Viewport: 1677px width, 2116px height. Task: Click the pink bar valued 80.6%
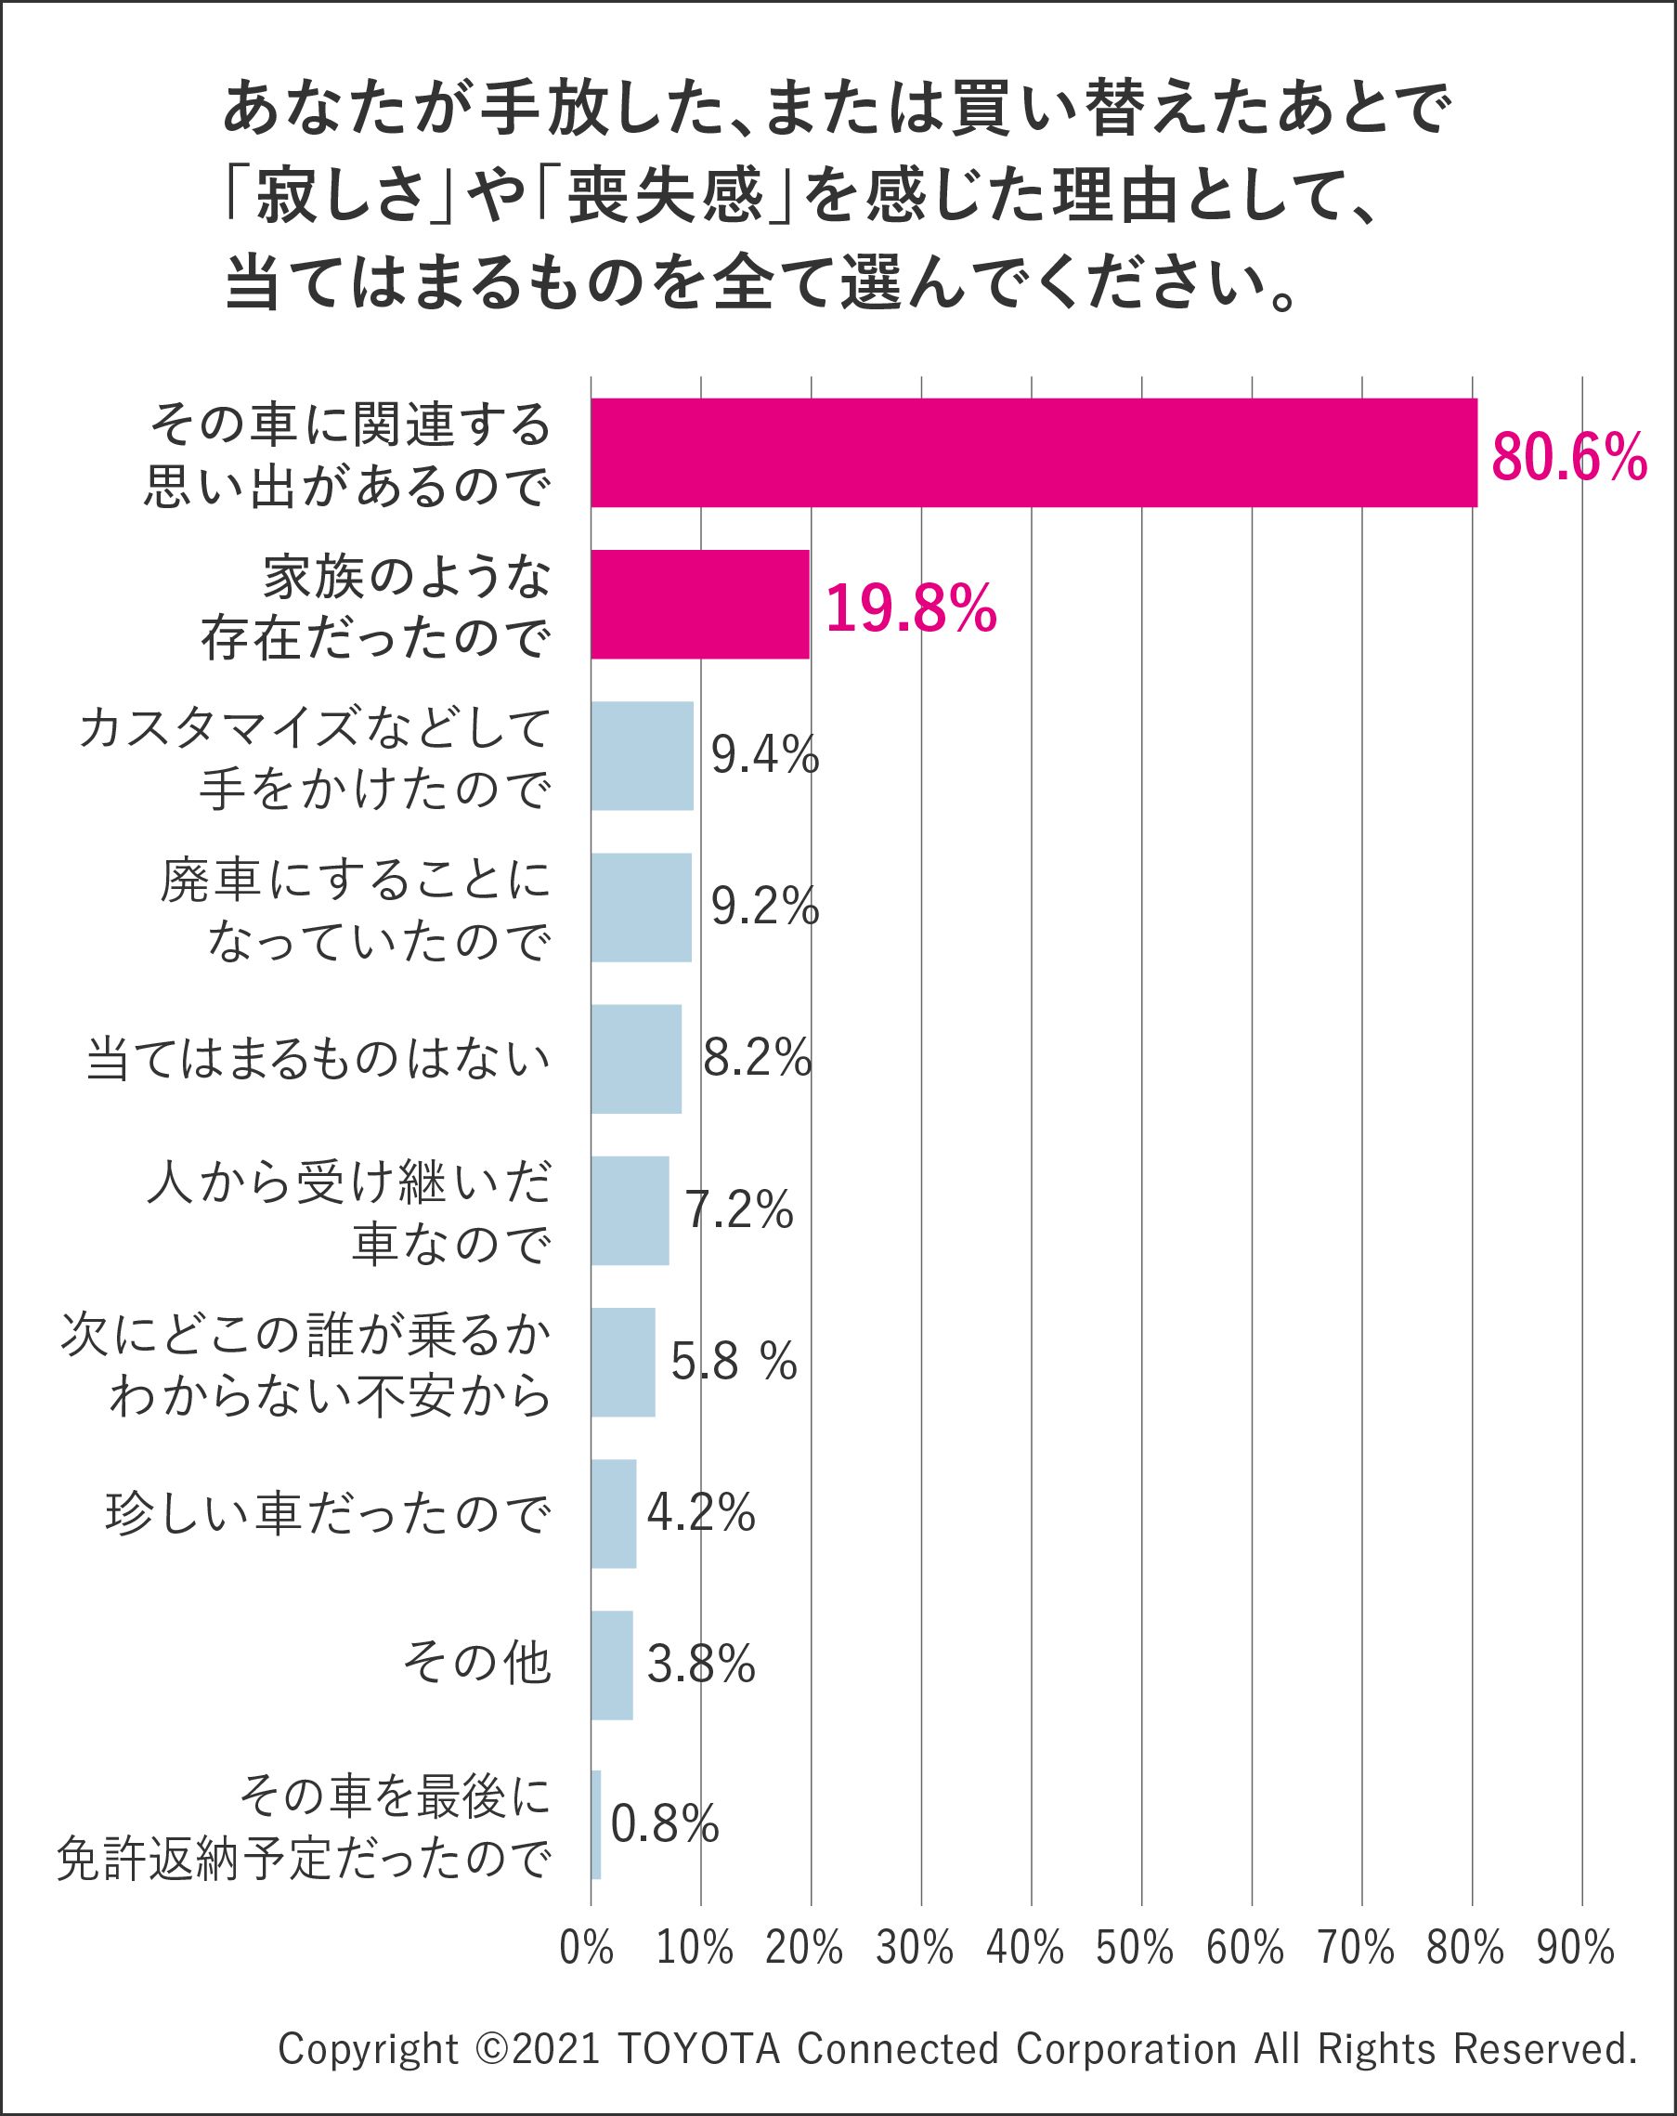coord(1033,452)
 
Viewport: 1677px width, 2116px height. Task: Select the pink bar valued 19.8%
coord(699,605)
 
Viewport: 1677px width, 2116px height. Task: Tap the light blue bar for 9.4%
coord(642,756)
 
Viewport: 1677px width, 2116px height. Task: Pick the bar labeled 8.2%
coord(636,1059)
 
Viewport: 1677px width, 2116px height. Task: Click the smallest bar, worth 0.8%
coord(595,1824)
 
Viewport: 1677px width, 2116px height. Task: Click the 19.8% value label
coord(911,608)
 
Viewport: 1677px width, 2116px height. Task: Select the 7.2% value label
coord(739,1209)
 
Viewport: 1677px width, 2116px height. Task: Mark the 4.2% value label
coord(701,1512)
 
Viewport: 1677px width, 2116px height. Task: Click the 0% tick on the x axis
coord(586,1948)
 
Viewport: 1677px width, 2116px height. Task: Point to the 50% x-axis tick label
coord(1135,1948)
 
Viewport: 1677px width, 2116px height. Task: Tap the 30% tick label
coord(915,1948)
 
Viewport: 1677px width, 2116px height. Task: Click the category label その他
coord(478,1663)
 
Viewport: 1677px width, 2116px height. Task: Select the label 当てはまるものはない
coord(318,1059)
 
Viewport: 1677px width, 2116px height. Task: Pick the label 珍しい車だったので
coord(328,1512)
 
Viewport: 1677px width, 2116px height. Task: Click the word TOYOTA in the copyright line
coord(698,2049)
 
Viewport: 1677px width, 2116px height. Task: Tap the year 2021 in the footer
coord(555,2049)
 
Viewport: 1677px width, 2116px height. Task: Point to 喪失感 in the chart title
coord(665,194)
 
